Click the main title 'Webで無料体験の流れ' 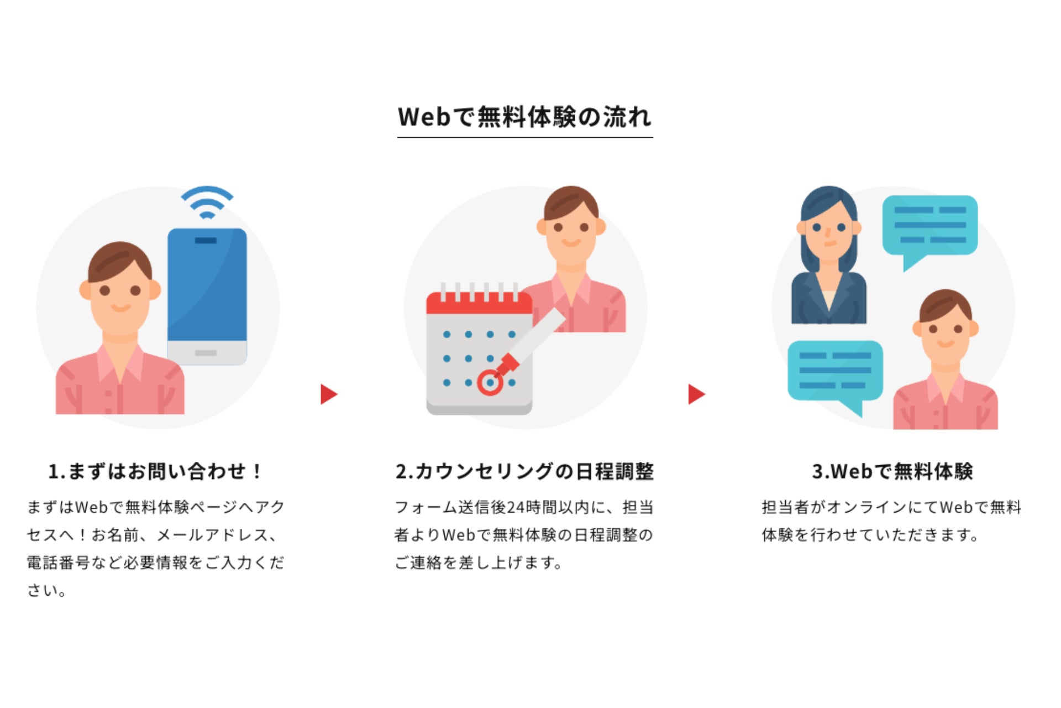point(524,117)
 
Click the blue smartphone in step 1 point(207,288)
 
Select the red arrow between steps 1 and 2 point(328,394)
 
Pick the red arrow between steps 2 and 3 point(696,394)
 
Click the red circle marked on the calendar point(490,383)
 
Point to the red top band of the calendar point(479,304)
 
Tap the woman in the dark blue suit point(828,260)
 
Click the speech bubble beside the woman point(929,227)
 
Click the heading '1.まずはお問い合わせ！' point(155,471)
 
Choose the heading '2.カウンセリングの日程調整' point(524,471)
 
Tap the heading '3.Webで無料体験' point(892,471)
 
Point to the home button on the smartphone point(206,353)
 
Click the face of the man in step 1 point(120,293)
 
